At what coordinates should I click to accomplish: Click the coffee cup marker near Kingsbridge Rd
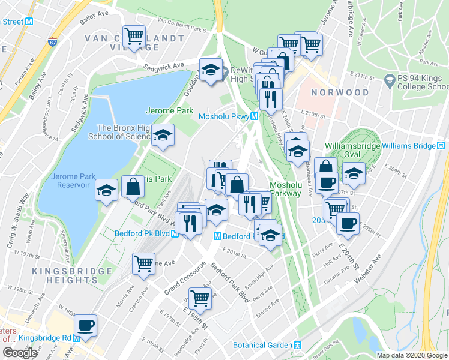coord(85,325)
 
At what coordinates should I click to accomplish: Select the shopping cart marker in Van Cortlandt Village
coord(134,36)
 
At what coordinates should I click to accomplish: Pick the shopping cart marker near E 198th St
coord(200,297)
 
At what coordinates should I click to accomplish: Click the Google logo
coord(20,352)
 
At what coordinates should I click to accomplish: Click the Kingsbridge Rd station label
coord(45,338)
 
